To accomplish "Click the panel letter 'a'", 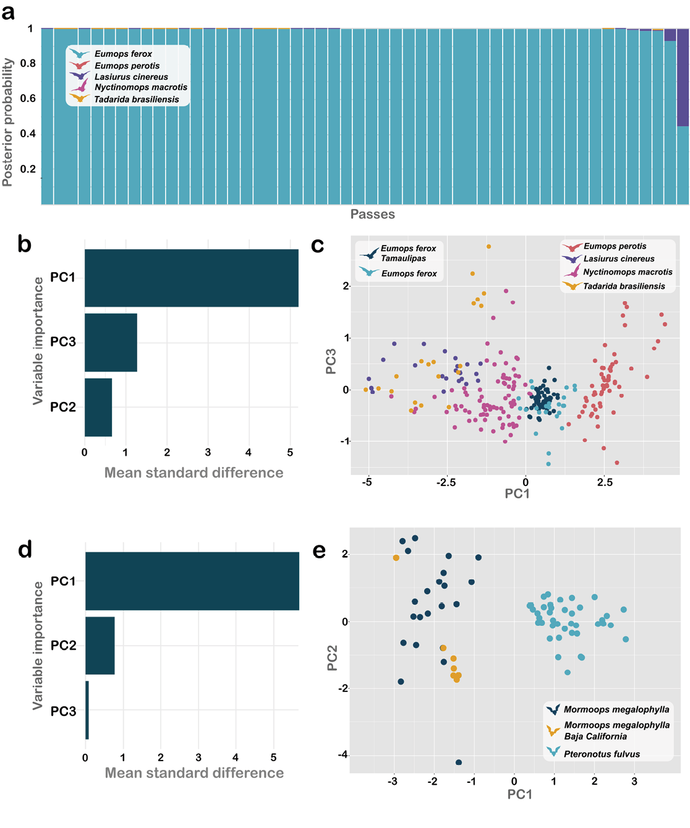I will [8, 12].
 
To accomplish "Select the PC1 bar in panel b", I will [191, 278].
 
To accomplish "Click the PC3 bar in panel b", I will [111, 342].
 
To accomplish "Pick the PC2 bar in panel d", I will [100, 645].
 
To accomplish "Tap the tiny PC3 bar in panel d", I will [87, 710].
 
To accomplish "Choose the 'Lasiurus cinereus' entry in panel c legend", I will [618, 259].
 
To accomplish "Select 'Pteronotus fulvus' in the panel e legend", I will [602, 754].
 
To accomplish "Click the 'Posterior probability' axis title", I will [7, 122].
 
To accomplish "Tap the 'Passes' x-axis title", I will [372, 214].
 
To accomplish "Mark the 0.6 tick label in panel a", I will [28, 98].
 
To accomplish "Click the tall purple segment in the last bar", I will [683, 77].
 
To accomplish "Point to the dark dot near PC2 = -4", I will [458, 762].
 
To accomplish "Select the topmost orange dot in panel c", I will [488, 246].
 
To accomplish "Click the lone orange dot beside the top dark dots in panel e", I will [396, 558].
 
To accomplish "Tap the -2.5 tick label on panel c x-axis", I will [446, 482].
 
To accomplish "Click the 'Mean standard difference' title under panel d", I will [194, 773].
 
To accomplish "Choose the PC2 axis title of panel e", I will [332, 658].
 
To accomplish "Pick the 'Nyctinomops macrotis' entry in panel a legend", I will [140, 87].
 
